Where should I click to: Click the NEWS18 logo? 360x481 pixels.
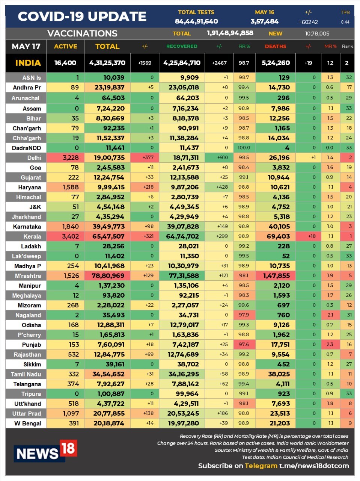point(45,451)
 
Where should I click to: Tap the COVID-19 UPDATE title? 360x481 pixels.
point(82,17)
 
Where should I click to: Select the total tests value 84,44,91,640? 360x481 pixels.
point(196,21)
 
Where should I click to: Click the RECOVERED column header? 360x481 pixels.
point(182,46)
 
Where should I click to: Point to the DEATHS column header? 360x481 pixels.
point(275,46)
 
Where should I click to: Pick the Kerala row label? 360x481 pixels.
point(32,236)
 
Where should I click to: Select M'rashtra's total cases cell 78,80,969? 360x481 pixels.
point(108,276)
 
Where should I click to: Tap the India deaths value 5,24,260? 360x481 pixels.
point(276,63)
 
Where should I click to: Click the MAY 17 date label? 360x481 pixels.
point(26,47)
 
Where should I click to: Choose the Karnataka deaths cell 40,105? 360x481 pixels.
point(279,227)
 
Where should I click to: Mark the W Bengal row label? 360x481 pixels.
point(27,423)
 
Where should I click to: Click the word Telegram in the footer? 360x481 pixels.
point(261,466)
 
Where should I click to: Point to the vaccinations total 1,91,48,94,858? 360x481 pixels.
point(230,33)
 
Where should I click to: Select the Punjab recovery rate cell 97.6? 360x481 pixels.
point(244,345)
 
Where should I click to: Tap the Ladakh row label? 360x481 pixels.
point(31,246)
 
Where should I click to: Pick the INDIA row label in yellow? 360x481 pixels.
point(28,63)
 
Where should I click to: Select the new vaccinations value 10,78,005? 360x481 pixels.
point(317,33)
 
